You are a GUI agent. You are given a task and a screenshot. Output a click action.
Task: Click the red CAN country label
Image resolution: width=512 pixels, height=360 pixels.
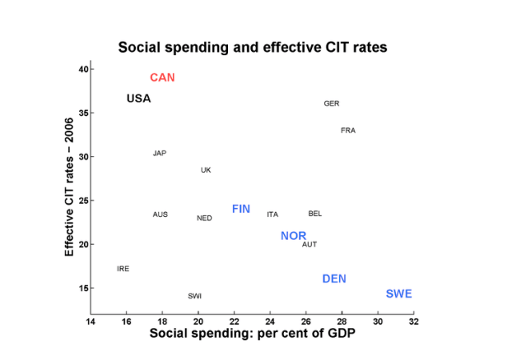point(162,78)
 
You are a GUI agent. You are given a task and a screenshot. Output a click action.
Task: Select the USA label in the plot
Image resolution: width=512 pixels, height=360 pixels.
point(138,98)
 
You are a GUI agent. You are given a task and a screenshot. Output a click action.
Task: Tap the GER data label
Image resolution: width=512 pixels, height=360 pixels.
point(331,104)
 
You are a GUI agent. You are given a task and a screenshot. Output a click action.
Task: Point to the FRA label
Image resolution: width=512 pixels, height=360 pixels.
point(348,130)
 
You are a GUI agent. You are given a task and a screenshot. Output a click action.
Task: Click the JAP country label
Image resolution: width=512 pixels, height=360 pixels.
point(159,154)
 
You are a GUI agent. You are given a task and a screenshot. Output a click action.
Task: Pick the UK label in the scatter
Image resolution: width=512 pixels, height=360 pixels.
point(206,170)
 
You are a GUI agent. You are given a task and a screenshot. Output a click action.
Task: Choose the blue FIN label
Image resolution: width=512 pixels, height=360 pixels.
point(241,209)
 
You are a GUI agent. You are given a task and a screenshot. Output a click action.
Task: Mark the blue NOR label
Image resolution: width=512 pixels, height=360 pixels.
point(294,236)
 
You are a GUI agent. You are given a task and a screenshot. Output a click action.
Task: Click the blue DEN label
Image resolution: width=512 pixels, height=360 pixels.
point(334,279)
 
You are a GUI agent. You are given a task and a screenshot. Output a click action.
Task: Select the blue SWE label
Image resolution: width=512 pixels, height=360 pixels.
point(398,294)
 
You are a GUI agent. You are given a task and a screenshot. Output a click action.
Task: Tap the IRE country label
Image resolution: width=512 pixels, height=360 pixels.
point(122,269)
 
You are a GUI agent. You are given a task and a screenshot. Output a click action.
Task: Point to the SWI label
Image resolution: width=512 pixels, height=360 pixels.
point(194,296)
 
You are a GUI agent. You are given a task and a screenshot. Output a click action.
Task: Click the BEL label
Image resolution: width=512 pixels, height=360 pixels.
point(314,214)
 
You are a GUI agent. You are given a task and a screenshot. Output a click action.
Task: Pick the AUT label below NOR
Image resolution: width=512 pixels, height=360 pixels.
point(310,245)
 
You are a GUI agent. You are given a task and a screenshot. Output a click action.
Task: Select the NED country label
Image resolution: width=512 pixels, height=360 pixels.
point(205,218)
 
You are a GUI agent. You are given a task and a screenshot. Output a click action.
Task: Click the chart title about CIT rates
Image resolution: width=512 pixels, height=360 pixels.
point(253,47)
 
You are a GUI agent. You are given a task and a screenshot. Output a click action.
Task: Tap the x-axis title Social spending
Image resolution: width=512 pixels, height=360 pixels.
point(253,334)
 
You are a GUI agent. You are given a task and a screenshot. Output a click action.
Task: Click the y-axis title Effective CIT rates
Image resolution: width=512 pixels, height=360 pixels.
point(70,186)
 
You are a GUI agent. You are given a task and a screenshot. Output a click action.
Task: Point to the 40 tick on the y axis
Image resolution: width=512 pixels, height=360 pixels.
point(82,70)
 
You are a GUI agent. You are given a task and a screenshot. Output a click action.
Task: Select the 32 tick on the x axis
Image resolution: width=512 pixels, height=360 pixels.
point(414,322)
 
